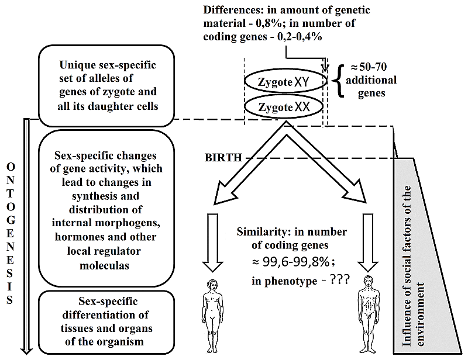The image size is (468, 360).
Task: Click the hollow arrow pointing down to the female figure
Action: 214,243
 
